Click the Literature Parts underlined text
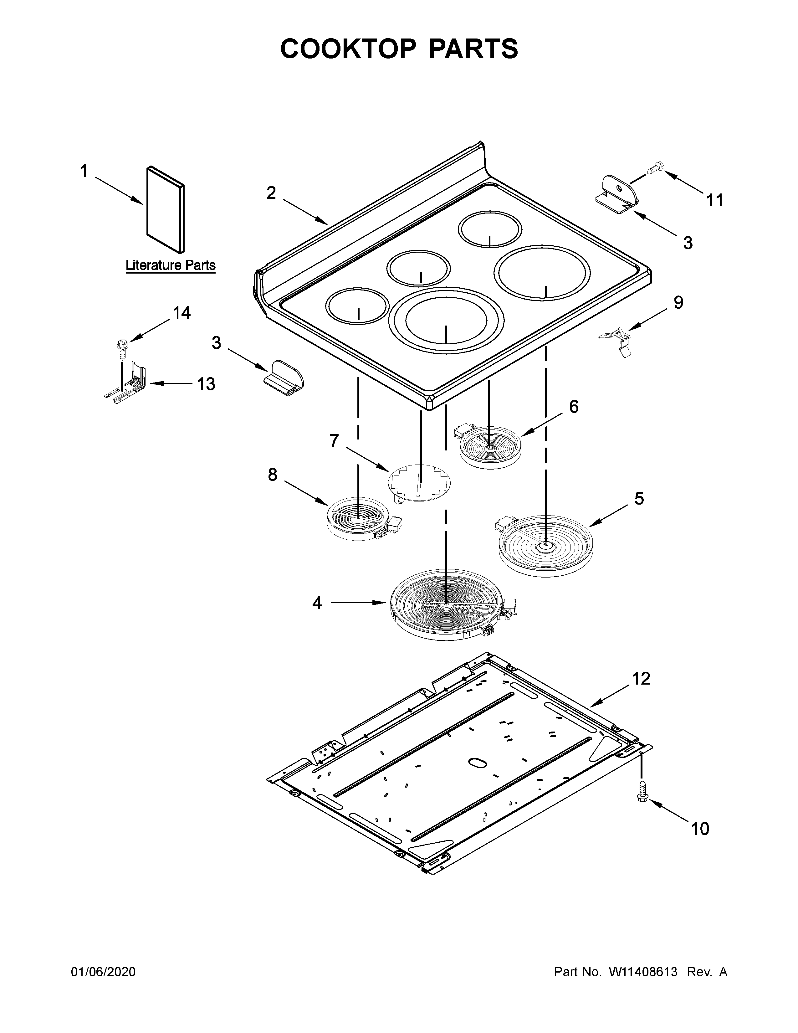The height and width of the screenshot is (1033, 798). point(170,265)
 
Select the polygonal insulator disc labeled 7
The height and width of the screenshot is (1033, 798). point(419,483)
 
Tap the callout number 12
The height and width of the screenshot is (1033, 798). point(642,679)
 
